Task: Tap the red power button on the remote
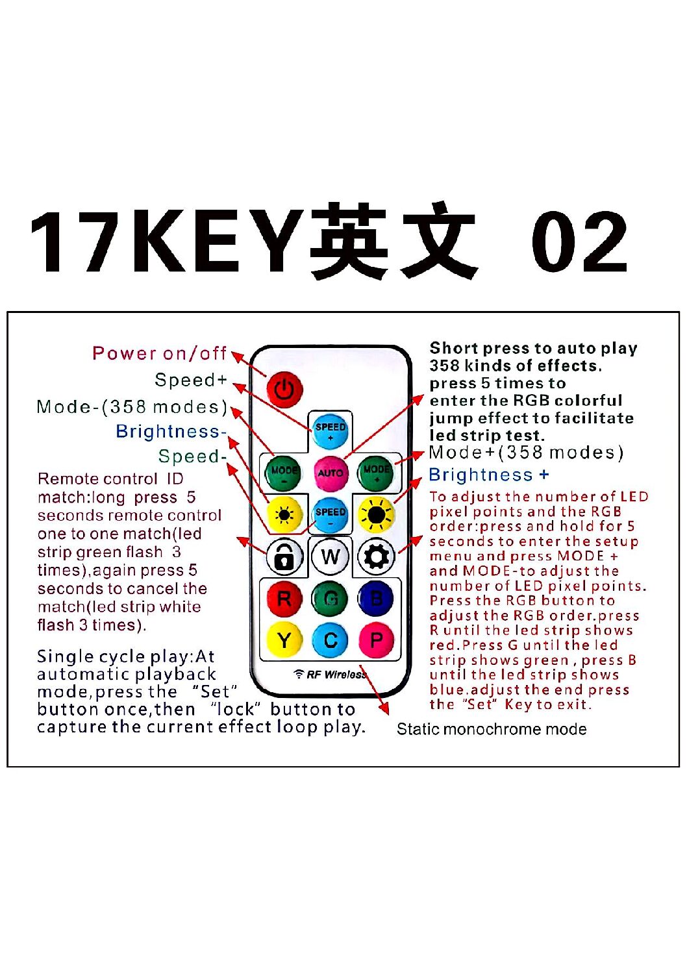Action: (x=284, y=389)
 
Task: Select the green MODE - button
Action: (x=284, y=473)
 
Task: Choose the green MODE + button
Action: (x=376, y=473)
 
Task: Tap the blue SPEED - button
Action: (x=331, y=515)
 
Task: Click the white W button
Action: (x=331, y=556)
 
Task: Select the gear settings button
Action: (x=376, y=556)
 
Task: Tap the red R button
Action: (x=284, y=599)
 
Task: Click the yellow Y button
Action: (x=284, y=640)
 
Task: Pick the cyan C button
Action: (x=331, y=640)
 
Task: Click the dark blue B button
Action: (x=376, y=599)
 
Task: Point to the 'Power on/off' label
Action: (x=159, y=353)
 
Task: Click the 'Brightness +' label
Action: (x=489, y=475)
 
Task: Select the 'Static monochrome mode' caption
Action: (x=492, y=729)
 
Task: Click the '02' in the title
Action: (x=580, y=242)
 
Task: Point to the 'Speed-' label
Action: (x=192, y=456)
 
